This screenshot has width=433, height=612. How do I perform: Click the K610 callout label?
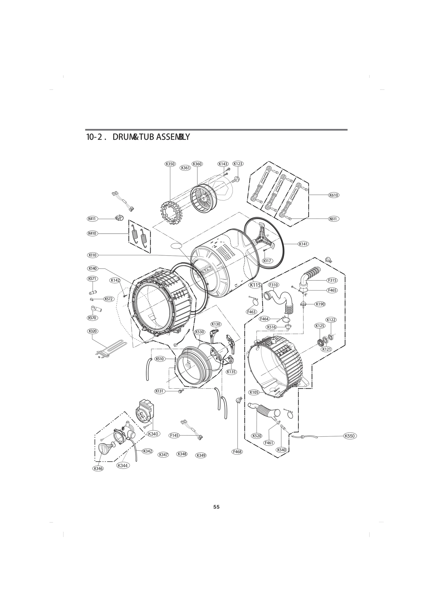click(x=334, y=195)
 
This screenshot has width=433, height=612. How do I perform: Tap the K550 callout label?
click(x=349, y=436)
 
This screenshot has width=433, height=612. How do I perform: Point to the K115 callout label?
click(x=255, y=285)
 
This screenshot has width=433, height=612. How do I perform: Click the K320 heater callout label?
click(x=92, y=331)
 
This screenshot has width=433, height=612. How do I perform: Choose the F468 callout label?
click(x=237, y=451)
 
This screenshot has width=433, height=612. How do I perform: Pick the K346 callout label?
click(x=98, y=468)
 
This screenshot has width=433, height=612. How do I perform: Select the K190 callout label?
click(x=320, y=304)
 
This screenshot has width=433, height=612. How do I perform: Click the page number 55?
click(x=216, y=507)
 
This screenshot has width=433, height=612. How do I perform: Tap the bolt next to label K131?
click(x=181, y=391)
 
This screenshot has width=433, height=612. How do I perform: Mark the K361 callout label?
click(x=185, y=168)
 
